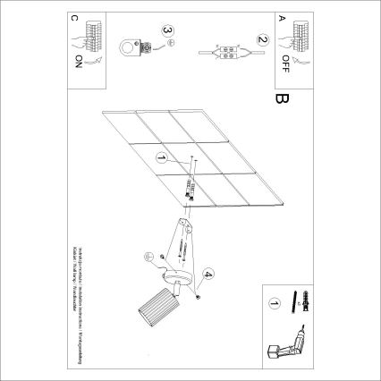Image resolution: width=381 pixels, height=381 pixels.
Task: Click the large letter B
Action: tap(284, 99)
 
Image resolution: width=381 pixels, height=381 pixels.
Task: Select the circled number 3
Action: tap(166, 30)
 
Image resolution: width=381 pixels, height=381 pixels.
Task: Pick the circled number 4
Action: tap(208, 274)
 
